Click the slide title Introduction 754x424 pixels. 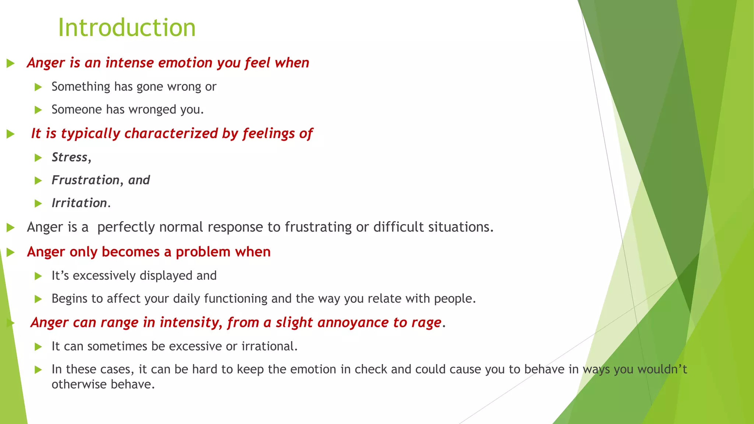click(127, 28)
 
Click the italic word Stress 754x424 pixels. click(70, 157)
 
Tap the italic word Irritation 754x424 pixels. click(79, 203)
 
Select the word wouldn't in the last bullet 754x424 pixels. click(662, 369)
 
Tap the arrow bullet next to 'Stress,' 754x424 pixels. click(38, 158)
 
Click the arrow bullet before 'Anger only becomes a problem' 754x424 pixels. click(10, 252)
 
